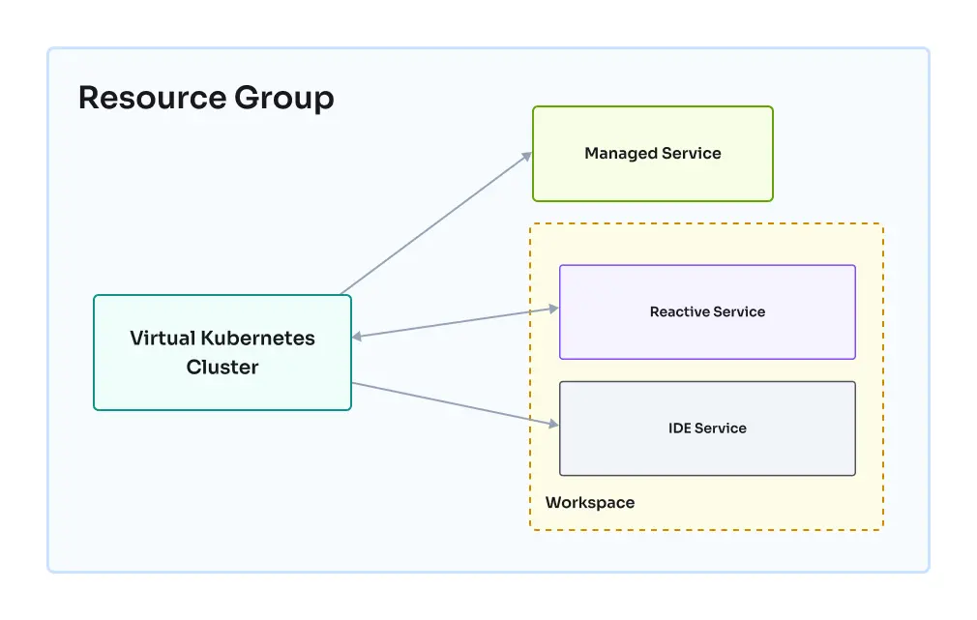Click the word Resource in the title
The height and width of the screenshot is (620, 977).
click(x=150, y=98)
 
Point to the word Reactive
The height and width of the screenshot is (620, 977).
click(x=680, y=311)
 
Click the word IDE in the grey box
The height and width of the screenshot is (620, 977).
click(x=680, y=428)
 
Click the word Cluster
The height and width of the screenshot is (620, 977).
click(x=222, y=368)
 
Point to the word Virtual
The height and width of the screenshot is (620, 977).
click(x=163, y=339)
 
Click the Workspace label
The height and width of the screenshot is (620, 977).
click(x=590, y=503)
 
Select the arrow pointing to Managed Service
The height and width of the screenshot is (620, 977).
click(x=435, y=222)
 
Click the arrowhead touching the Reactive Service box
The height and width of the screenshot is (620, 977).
click(x=554, y=309)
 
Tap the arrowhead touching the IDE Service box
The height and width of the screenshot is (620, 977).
click(x=554, y=424)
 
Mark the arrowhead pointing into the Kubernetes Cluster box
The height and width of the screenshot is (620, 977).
click(x=357, y=336)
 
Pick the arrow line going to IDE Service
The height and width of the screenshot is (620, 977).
click(x=455, y=403)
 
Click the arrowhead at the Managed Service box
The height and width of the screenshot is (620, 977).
click(x=527, y=155)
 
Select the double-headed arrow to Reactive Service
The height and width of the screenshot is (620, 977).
click(x=455, y=322)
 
